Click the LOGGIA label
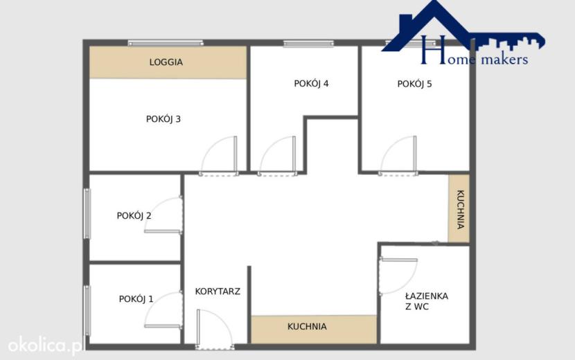[166, 62]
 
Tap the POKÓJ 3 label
[163, 119]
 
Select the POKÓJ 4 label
[311, 84]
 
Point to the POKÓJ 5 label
[415, 84]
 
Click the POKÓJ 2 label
[134, 215]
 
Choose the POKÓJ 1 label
[136, 299]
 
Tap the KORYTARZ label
[218, 291]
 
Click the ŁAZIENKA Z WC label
[427, 301]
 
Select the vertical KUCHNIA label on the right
[460, 209]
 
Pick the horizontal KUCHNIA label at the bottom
[307, 326]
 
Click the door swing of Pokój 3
[219, 156]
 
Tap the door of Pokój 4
[277, 156]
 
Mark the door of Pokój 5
[398, 156]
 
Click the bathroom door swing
[398, 276]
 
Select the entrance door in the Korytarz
[214, 330]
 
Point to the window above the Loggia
[166, 43]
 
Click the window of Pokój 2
[87, 214]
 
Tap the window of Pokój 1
[87, 311]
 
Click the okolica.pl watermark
[46, 346]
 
